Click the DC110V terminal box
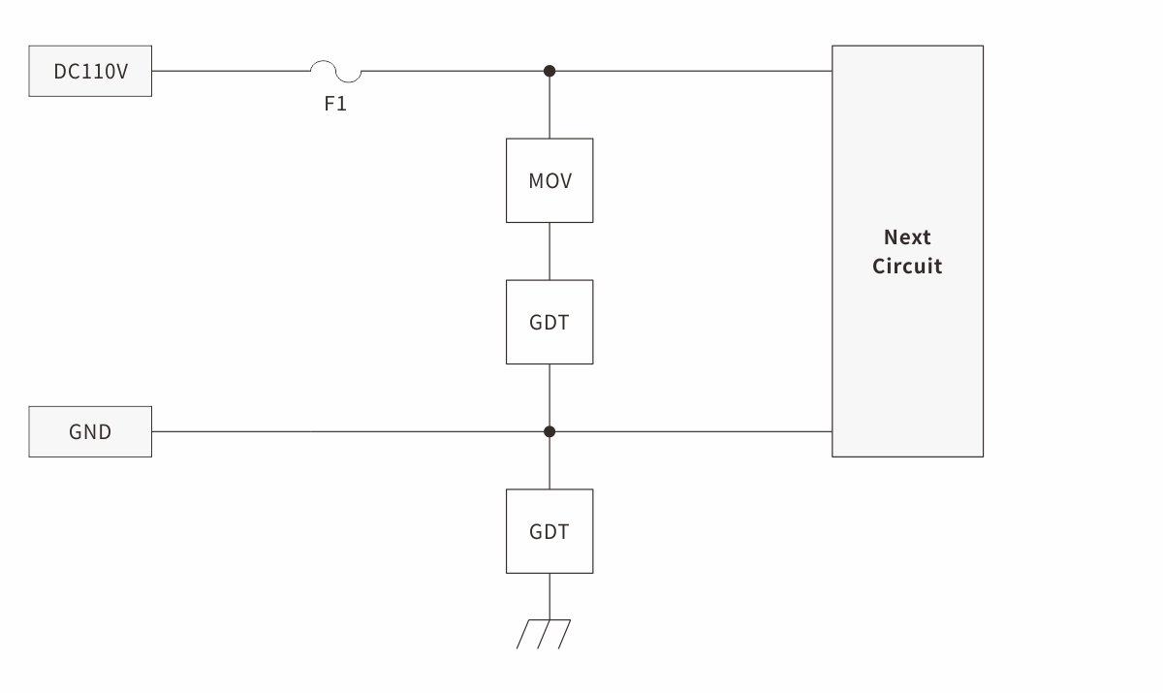pos(90,71)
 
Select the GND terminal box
pos(90,431)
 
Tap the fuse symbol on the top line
pos(335,72)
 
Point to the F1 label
pos(335,104)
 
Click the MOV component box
pos(550,180)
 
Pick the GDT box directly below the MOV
pos(550,322)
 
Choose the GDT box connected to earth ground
pos(550,531)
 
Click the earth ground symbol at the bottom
pos(544,633)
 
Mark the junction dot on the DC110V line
pos(550,71)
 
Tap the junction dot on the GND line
pos(550,431)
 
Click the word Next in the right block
pos(907,237)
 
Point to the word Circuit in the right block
pos(907,267)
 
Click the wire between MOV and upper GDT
pos(550,251)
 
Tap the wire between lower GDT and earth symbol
pos(550,595)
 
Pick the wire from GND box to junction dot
pos(349,431)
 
